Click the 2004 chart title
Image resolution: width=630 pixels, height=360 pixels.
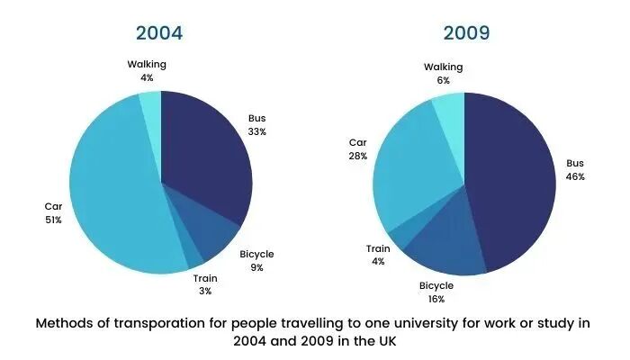point(159,34)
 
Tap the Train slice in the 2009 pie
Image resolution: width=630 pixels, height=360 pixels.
point(400,237)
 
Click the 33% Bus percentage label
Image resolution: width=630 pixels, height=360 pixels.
point(257,131)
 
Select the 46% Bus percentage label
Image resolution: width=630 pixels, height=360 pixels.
point(575,177)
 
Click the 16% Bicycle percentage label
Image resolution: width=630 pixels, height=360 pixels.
point(436,299)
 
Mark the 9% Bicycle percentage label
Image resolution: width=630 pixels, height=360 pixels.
point(256,268)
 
